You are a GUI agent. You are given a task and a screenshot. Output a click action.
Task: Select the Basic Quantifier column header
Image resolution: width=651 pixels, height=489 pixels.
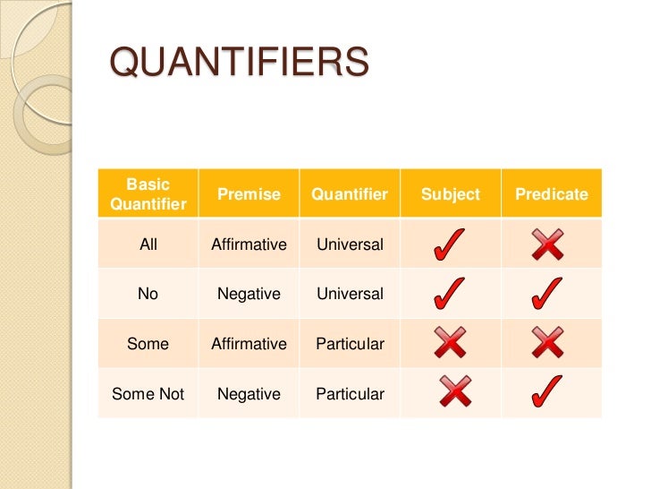[x=148, y=194]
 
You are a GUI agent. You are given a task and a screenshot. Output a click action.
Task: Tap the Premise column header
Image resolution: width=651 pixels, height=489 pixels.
[x=249, y=194]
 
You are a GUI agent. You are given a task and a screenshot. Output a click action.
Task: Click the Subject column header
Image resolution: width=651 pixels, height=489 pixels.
[x=451, y=194]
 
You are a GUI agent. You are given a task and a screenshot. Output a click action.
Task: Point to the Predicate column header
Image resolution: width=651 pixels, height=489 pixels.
[x=552, y=194]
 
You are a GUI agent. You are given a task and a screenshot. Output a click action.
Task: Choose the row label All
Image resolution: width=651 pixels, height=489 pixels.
[x=148, y=244]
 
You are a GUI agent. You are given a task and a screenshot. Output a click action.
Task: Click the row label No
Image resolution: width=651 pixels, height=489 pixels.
[x=148, y=294]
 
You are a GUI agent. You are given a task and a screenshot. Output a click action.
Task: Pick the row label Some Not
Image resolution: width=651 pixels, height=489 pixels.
[x=148, y=394]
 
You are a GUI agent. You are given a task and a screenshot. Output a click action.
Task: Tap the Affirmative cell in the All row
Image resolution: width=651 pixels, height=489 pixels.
[x=249, y=244]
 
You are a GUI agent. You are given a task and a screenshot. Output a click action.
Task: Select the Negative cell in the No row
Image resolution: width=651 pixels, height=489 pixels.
[x=249, y=294]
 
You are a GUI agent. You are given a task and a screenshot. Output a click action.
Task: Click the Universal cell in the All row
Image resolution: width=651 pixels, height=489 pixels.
[x=350, y=244]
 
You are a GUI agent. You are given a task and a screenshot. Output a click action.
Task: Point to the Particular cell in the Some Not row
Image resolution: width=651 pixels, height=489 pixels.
[x=350, y=394]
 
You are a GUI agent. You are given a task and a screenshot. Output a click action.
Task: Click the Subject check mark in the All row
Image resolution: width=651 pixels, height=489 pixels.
[x=448, y=244]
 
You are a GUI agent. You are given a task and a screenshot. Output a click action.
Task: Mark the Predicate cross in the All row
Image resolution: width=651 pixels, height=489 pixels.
[x=548, y=244]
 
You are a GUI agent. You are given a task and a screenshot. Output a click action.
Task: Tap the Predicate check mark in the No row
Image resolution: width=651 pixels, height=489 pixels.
[x=549, y=293]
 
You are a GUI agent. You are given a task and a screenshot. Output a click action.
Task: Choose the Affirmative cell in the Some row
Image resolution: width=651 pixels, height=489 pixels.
[x=249, y=344]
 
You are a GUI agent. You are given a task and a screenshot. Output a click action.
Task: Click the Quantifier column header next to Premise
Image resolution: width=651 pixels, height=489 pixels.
[x=350, y=194]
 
